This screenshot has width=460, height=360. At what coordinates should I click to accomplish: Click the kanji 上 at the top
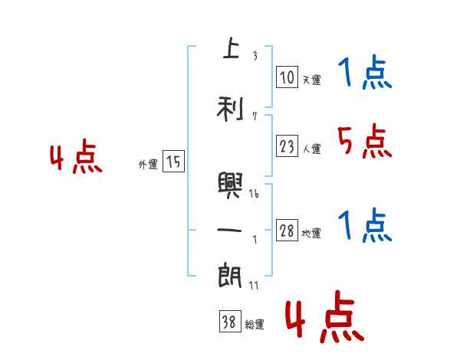(230, 48)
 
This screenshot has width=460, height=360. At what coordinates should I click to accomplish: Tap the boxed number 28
(287, 231)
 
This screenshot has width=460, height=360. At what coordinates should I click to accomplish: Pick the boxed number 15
(173, 162)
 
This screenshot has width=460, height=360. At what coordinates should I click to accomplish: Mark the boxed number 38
(228, 322)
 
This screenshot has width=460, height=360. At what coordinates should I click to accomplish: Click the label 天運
(311, 80)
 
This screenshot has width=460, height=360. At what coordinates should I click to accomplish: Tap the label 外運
(148, 164)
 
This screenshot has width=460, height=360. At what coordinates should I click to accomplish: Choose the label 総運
(255, 325)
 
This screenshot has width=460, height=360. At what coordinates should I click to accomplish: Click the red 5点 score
(364, 141)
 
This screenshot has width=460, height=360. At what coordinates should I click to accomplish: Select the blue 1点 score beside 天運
(364, 73)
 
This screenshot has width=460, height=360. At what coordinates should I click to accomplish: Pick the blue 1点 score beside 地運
(364, 225)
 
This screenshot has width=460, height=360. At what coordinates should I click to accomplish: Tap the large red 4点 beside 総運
(324, 320)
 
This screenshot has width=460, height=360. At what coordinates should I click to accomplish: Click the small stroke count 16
(254, 195)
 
